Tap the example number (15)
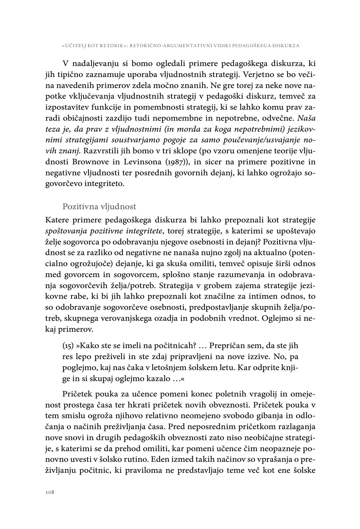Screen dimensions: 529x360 68,346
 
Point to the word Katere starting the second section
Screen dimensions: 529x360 57,221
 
